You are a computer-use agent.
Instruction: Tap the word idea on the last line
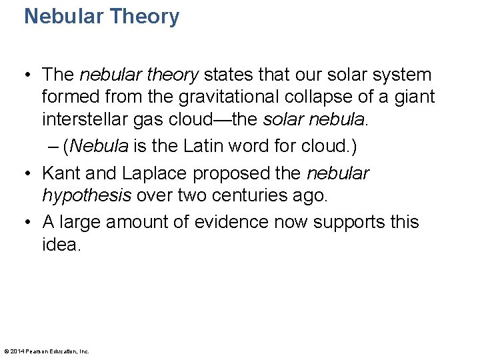coord(60,245)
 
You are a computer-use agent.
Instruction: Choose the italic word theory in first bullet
coord(171,75)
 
